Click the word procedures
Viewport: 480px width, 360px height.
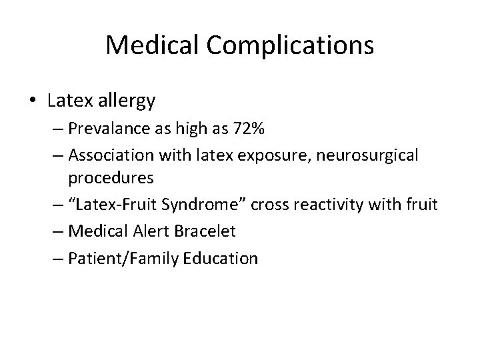(119, 178)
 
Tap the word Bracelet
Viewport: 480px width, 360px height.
(217, 232)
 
